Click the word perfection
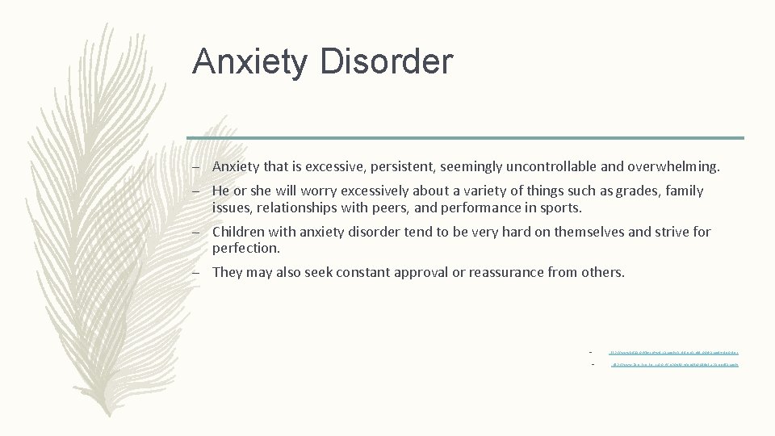(245, 248)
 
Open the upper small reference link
(674, 351)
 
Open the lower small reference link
(674, 364)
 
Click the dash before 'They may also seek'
(196, 272)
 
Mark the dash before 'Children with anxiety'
(196, 232)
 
